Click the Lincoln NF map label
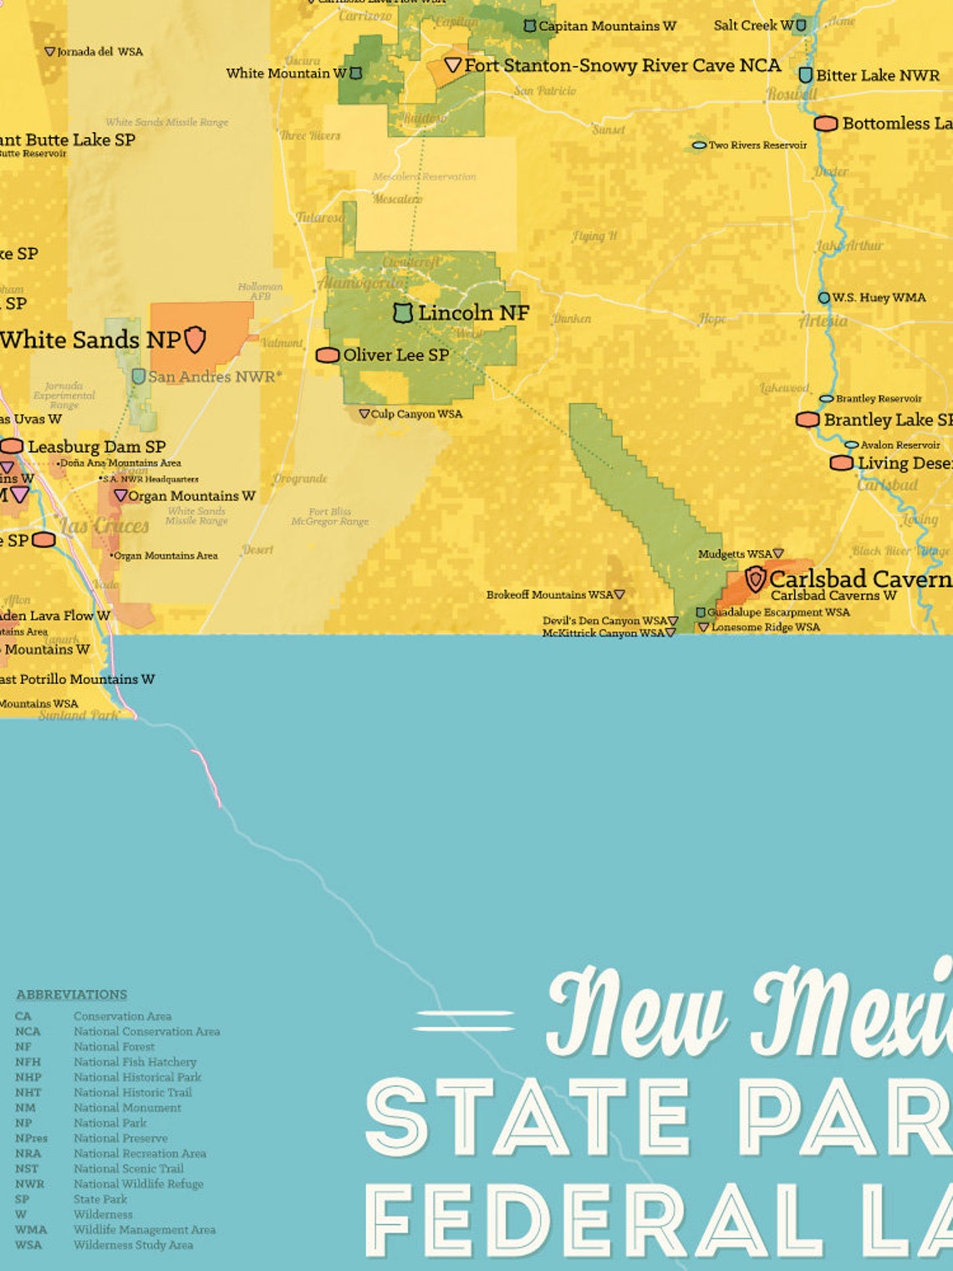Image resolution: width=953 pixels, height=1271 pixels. pos(473,313)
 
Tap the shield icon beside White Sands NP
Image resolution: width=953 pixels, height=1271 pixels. pos(195,339)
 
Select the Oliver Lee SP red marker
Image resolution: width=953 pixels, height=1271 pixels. pos(328,355)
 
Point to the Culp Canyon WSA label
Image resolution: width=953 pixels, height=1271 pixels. pos(416,414)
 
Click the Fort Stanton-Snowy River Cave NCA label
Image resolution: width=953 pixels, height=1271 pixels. pos(622,65)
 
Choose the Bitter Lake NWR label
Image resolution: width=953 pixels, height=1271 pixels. pos(877,75)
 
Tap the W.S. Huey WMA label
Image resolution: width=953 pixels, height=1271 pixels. pos(879,298)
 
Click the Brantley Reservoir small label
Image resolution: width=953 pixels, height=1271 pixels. pos(879,399)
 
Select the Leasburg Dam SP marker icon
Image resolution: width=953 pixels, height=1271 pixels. pos(12,447)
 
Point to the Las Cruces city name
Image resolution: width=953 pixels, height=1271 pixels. pos(104,526)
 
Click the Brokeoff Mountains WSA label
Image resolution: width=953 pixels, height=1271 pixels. pos(549,595)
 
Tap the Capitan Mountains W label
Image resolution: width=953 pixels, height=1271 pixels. pos(607,26)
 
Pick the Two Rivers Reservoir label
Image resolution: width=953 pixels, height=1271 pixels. pos(757,145)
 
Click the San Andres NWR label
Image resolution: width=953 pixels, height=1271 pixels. pos(214,377)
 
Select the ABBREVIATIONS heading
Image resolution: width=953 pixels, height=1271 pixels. pos(72,994)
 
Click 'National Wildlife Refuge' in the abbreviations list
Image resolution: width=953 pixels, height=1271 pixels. pos(138,1184)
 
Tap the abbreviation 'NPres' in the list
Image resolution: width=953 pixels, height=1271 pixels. pos(31,1138)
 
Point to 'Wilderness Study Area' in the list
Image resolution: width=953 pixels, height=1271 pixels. pos(133,1245)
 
